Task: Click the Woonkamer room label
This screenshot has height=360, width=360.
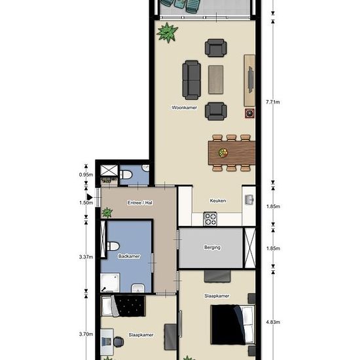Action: point(185,107)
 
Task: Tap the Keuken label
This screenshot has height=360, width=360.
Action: point(218,201)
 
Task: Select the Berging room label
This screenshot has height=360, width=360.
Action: point(212,247)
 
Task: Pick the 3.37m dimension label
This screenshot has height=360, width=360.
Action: point(86,257)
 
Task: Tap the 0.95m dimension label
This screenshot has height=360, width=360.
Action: point(86,175)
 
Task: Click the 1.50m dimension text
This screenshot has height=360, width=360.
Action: point(86,203)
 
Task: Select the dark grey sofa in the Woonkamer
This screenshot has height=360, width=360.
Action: point(192,79)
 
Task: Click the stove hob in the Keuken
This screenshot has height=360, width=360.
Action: point(211,219)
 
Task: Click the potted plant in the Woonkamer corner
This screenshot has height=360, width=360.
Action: point(168,32)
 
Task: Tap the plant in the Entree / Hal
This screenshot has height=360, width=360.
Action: point(107,212)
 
